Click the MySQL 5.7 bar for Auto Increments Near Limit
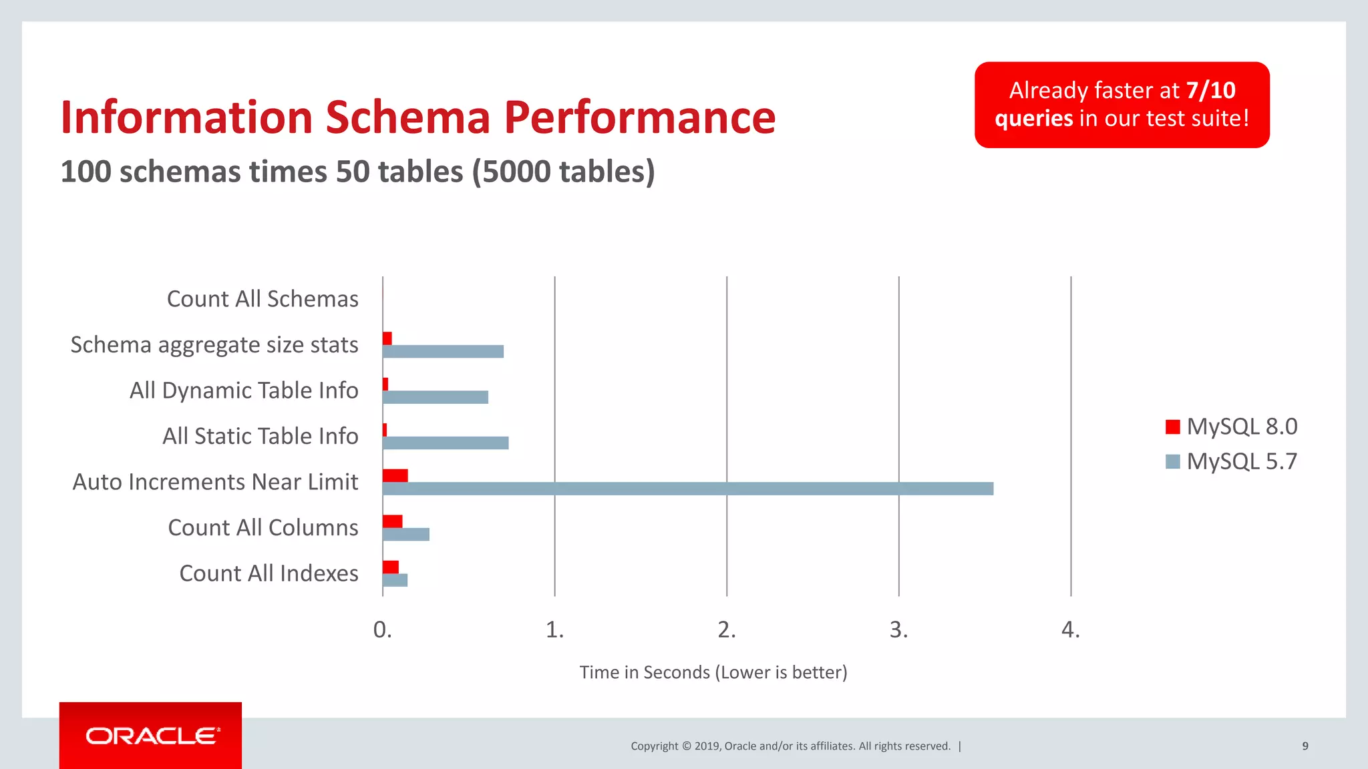(x=688, y=489)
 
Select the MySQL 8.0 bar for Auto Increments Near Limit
(x=395, y=475)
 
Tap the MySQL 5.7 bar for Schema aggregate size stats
(x=443, y=352)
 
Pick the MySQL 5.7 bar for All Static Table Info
(x=446, y=443)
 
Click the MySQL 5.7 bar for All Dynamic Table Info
(x=436, y=397)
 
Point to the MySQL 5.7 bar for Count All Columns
(x=406, y=534)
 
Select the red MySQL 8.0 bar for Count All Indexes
(x=391, y=567)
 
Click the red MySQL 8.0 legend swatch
(x=1172, y=427)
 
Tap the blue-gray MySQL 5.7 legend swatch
(x=1172, y=461)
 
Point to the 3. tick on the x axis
(x=898, y=629)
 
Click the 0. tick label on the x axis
(x=382, y=629)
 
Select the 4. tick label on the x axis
(x=1070, y=629)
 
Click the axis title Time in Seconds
(x=713, y=672)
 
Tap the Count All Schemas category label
(x=263, y=299)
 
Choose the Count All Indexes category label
(x=269, y=573)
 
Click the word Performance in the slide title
(x=639, y=117)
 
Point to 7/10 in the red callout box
(x=1210, y=90)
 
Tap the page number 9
(x=1305, y=746)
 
